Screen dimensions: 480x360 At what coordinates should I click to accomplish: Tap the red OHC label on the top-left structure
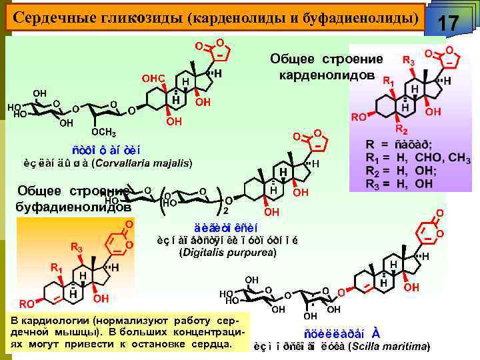[x=153, y=79]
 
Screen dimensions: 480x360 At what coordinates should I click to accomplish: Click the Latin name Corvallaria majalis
[x=142, y=162]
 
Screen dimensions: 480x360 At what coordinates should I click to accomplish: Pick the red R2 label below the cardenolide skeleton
[x=401, y=128]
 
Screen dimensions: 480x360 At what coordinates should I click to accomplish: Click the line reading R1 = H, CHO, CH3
[x=417, y=159]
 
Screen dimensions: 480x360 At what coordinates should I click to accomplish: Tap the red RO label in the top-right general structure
[x=359, y=117]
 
